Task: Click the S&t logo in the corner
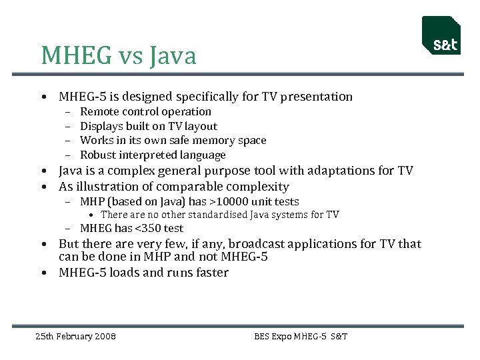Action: [441, 36]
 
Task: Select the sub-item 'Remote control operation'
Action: [145, 112]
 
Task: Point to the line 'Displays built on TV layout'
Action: [149, 126]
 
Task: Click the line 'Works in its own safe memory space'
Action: [173, 141]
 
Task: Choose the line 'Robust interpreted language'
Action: [153, 155]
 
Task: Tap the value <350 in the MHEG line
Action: [145, 229]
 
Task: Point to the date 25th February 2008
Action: [75, 336]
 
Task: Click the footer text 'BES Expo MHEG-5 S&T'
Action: [301, 336]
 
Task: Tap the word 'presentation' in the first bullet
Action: [317, 97]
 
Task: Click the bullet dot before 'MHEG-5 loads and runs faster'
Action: [43, 273]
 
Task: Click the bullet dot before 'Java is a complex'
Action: [43, 171]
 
